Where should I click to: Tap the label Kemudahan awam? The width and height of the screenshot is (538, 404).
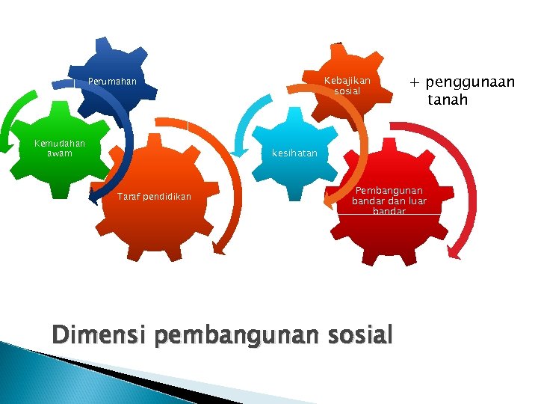[x=60, y=148]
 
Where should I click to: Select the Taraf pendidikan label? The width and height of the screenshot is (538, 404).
[x=155, y=197]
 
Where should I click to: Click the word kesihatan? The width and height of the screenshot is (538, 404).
[x=294, y=153]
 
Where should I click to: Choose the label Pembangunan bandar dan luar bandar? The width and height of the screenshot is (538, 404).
[x=389, y=201]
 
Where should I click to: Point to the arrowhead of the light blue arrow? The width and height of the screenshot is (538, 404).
[x=243, y=149]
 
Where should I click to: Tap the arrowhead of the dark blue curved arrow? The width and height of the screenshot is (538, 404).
[x=94, y=196]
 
